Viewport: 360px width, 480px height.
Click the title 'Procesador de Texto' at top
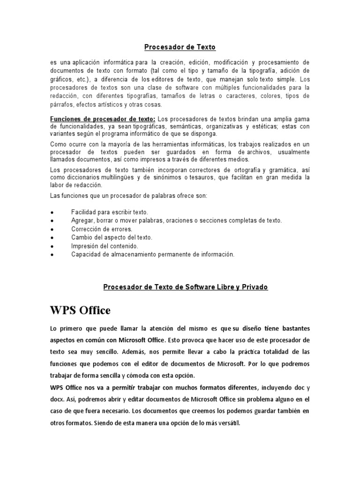pyautogui.click(x=180, y=47)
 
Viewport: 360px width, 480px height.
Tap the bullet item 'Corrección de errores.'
pyautogui.click(x=102, y=229)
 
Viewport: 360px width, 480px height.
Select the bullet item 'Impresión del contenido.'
pyautogui.click(x=105, y=246)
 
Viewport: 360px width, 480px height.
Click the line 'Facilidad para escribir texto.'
pyautogui.click(x=110, y=212)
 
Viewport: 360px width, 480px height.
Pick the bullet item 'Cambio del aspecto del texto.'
pyautogui.click(x=112, y=238)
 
